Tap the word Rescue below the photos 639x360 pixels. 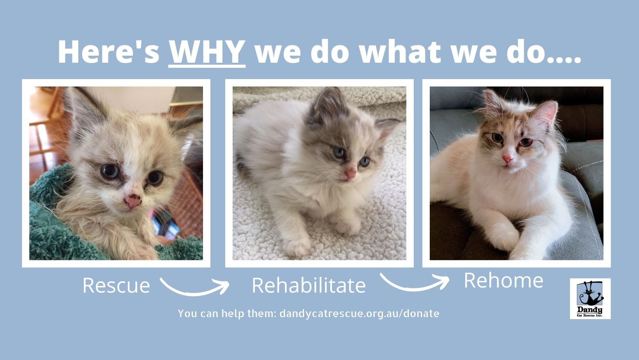(117, 285)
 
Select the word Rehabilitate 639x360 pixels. (309, 285)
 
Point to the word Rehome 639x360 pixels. (503, 281)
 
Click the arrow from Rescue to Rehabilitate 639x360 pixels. (194, 292)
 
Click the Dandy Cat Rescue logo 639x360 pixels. (590, 298)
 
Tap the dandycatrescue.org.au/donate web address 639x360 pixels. (359, 314)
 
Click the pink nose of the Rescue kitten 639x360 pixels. (132, 201)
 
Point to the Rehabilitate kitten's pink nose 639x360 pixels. (350, 173)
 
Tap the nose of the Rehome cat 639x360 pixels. (507, 159)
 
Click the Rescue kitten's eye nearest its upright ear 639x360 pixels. (110, 171)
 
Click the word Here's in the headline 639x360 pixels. (109, 52)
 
